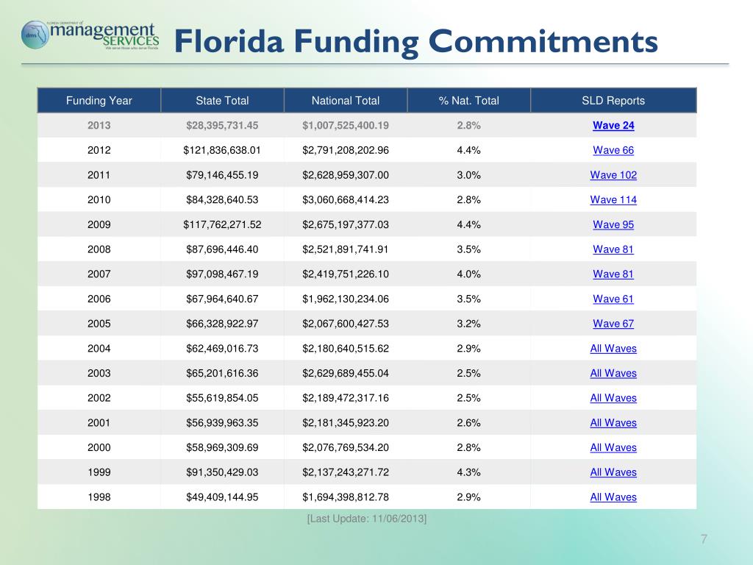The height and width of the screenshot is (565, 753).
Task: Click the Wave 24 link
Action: (613, 126)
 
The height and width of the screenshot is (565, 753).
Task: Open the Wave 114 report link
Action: (613, 200)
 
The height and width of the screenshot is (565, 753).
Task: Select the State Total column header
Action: (222, 101)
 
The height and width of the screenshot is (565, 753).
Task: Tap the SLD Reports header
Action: (613, 101)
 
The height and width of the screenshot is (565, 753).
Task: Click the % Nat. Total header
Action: (468, 101)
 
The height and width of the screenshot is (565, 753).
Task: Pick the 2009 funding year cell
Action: (99, 225)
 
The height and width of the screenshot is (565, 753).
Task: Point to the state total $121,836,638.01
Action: (222, 151)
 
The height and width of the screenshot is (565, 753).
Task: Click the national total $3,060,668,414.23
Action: (346, 200)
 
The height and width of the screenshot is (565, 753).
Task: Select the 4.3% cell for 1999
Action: (468, 472)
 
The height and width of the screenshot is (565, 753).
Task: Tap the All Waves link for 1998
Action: (613, 497)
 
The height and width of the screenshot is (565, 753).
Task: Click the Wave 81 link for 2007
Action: (613, 274)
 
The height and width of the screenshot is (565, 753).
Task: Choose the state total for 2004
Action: (222, 349)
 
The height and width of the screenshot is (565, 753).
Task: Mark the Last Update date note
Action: (367, 519)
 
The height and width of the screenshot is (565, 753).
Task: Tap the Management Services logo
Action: (90, 35)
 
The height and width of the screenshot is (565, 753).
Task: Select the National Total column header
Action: (346, 101)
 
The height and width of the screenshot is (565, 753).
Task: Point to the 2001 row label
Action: (99, 423)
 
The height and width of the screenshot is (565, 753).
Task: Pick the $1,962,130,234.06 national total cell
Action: (346, 299)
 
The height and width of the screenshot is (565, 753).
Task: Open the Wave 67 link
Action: (613, 324)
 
